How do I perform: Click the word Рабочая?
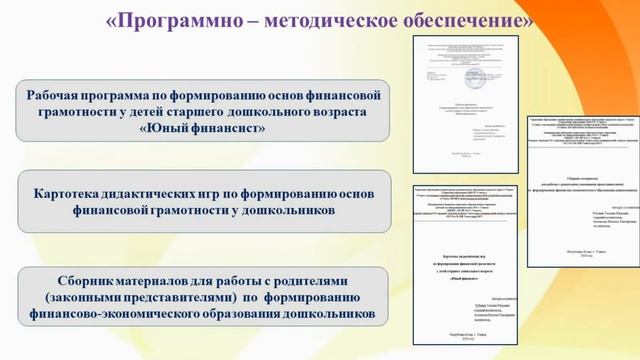(61, 93)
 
